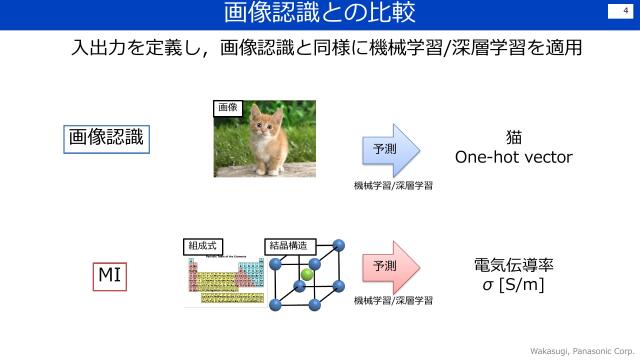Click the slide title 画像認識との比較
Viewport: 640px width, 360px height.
coord(320,14)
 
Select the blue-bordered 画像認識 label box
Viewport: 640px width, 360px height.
coord(105,138)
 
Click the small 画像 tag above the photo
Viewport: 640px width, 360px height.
coord(227,107)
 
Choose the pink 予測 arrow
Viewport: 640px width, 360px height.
coord(390,266)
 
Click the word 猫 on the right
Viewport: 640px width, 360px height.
coord(514,137)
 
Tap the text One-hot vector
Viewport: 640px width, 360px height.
coord(514,157)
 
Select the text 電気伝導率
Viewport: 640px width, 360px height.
coord(514,267)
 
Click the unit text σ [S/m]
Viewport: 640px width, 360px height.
coord(514,287)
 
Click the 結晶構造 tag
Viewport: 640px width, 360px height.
coord(289,245)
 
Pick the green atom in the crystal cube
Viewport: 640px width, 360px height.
coord(307,273)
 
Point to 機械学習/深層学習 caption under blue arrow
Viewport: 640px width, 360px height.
coord(393,186)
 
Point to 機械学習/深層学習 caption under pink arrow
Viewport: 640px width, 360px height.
coord(393,300)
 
